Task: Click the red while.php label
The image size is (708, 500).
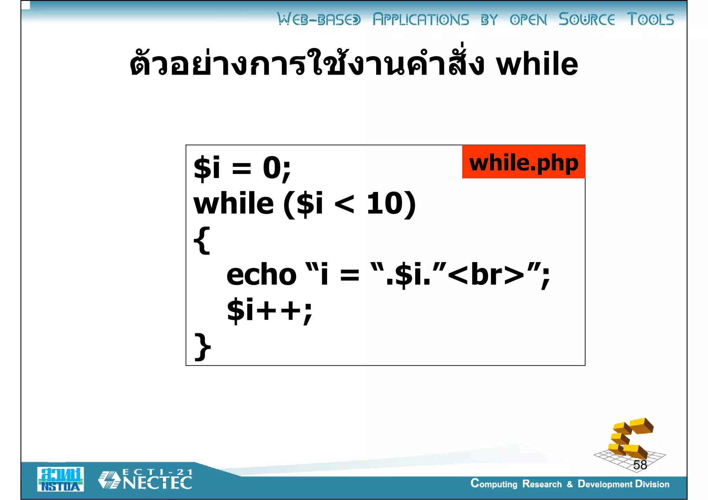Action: (523, 162)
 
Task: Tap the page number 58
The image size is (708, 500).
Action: (640, 465)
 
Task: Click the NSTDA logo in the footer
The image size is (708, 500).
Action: (60, 479)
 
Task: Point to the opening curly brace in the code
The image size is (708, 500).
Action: (202, 240)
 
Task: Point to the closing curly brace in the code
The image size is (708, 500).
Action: (203, 346)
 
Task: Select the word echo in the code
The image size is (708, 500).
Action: (261, 275)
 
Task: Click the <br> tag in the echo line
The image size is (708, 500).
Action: (488, 275)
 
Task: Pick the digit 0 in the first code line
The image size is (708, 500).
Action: (272, 168)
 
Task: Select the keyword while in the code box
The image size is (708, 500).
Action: (234, 204)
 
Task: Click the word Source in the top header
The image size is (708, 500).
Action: (587, 19)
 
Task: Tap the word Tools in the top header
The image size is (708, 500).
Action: (650, 19)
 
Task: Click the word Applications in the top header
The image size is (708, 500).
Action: (421, 20)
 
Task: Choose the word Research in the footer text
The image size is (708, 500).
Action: (542, 484)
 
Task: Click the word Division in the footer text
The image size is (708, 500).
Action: (652, 484)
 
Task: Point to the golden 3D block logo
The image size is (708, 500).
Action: (630, 440)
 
